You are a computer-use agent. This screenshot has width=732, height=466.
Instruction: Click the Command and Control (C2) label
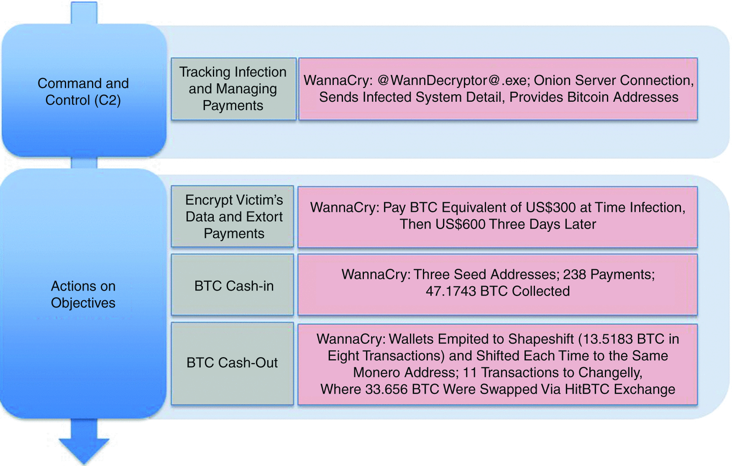(83, 91)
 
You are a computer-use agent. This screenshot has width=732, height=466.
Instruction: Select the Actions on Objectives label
(83, 294)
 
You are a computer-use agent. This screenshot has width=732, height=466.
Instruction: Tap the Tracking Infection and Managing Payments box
(233, 89)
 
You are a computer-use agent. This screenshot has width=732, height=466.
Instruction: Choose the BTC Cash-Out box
(232, 363)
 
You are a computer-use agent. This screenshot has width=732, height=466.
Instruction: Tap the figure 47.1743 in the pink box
(451, 291)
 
